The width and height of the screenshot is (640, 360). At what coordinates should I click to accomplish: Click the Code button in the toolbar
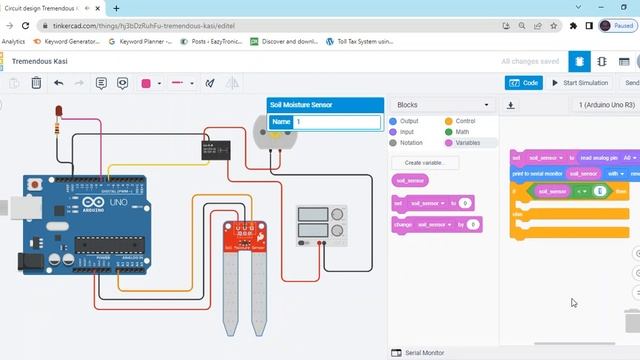pos(524,83)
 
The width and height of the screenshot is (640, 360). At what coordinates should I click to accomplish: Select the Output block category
pos(408,121)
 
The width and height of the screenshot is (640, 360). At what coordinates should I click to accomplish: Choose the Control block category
pos(463,121)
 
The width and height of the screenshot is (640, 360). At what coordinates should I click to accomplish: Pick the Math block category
pos(462,131)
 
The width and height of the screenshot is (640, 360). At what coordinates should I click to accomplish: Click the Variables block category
pos(467,142)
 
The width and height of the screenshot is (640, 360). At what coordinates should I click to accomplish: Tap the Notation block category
pos(410,142)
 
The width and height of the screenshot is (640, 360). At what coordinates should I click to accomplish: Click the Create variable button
pos(425,162)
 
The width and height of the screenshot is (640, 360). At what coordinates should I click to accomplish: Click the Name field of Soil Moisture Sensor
pos(336,122)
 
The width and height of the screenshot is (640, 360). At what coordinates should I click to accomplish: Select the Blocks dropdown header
pos(442,105)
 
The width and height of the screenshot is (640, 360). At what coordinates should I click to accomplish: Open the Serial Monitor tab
pos(424,353)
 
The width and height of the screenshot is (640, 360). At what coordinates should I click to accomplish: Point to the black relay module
pos(212,150)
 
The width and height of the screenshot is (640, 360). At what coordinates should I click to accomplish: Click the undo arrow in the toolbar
pos(59,83)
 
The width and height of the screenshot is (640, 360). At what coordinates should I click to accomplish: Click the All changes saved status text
pos(531,61)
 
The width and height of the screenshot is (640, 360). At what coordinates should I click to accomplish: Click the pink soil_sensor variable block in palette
pos(410,181)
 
